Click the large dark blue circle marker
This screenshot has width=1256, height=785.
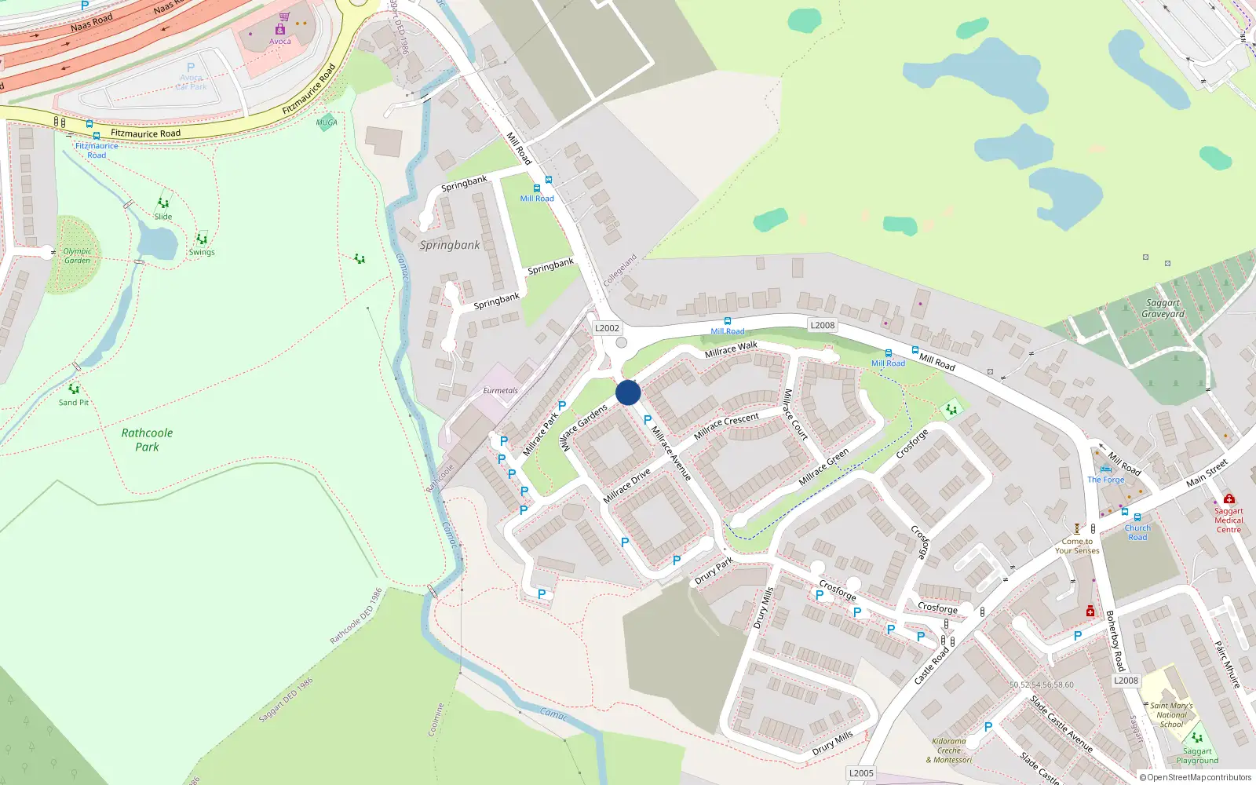(628, 392)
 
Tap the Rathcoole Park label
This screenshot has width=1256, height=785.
(147, 440)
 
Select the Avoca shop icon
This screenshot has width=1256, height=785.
(280, 29)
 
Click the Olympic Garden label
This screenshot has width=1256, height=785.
(77, 256)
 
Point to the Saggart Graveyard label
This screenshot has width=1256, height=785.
(1163, 309)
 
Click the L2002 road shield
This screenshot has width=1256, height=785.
(607, 328)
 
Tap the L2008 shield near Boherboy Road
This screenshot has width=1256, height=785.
(1126, 681)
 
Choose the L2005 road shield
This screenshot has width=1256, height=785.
(861, 773)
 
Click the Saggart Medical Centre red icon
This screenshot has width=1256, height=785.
(1229, 499)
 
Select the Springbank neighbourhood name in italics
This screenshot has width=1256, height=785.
(449, 245)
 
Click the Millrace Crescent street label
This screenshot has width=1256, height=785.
(726, 425)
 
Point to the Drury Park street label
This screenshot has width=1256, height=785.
(714, 571)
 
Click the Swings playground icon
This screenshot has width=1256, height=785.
(202, 239)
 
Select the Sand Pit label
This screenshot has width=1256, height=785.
(74, 403)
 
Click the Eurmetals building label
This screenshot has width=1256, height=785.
(500, 390)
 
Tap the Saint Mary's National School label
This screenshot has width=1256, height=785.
(1171, 714)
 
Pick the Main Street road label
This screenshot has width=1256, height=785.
(1207, 473)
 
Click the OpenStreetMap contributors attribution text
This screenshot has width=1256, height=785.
(1196, 778)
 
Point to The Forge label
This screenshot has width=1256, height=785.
(1105, 480)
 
